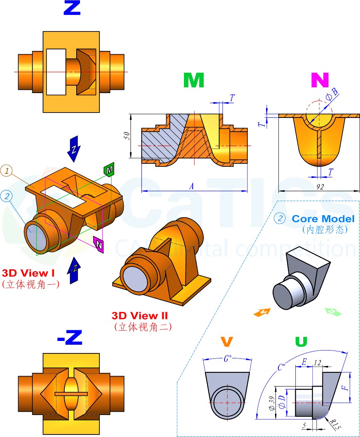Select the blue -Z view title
69,339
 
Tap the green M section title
193,80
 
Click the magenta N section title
320,80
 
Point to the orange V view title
227,342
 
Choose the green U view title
301,342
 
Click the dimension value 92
319,187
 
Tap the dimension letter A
191,187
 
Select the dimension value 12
318,363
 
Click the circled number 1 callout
7,170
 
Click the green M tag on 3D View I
109,170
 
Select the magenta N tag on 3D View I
99,245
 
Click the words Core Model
323,218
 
